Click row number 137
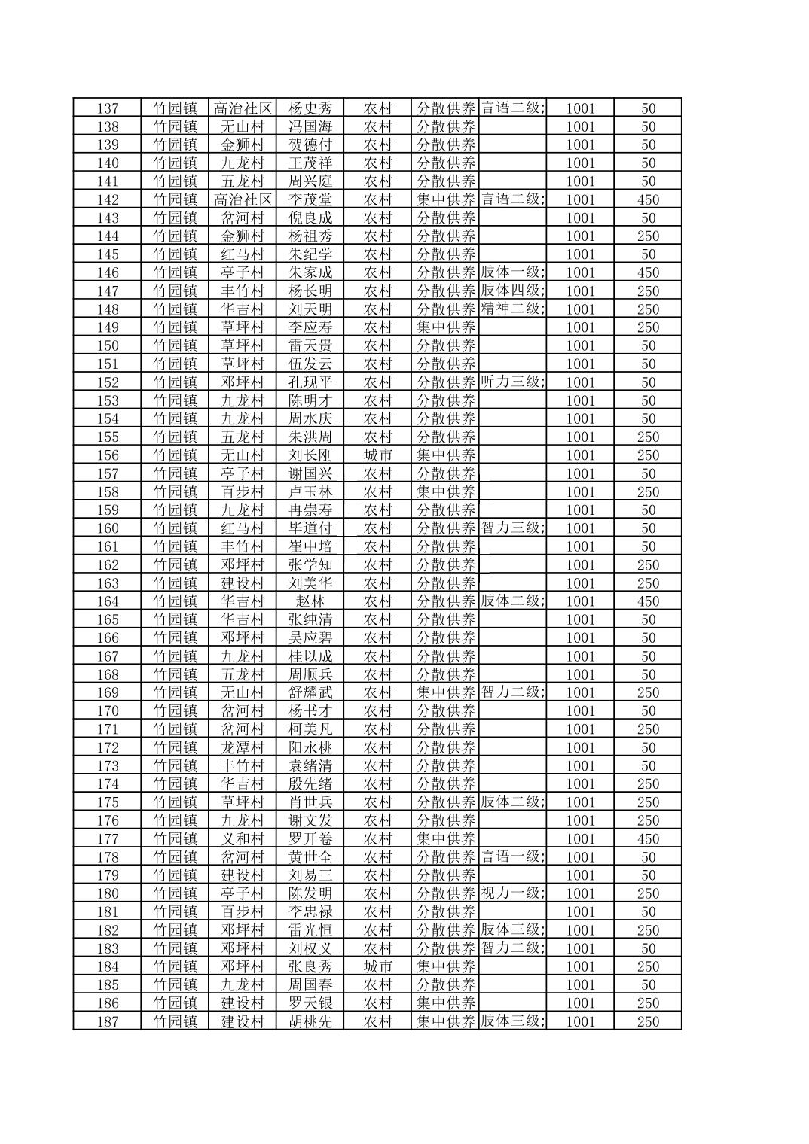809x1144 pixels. [108, 108]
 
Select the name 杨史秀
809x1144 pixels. [310, 108]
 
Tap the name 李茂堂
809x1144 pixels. [310, 199]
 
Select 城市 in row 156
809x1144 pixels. [378, 455]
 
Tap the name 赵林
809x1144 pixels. [310, 601]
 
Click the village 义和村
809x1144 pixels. [243, 838]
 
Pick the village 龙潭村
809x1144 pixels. [243, 747]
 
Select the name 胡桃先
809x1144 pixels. [310, 1021]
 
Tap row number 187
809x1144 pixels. [108, 1021]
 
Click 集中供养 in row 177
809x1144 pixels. [446, 838]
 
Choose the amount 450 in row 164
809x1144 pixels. [648, 601]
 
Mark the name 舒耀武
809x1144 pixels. [310, 692]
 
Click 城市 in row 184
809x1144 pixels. [378, 966]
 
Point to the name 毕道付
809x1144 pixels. [310, 528]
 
